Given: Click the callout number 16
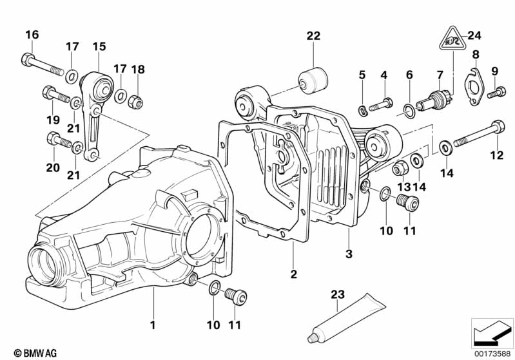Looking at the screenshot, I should click(32, 34).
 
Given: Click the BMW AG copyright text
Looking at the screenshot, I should click(32, 353).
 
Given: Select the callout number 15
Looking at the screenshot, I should click(98, 46).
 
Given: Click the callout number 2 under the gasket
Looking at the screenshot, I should click(293, 274).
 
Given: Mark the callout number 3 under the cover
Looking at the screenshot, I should click(349, 254).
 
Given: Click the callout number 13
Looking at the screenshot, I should click(404, 185).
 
